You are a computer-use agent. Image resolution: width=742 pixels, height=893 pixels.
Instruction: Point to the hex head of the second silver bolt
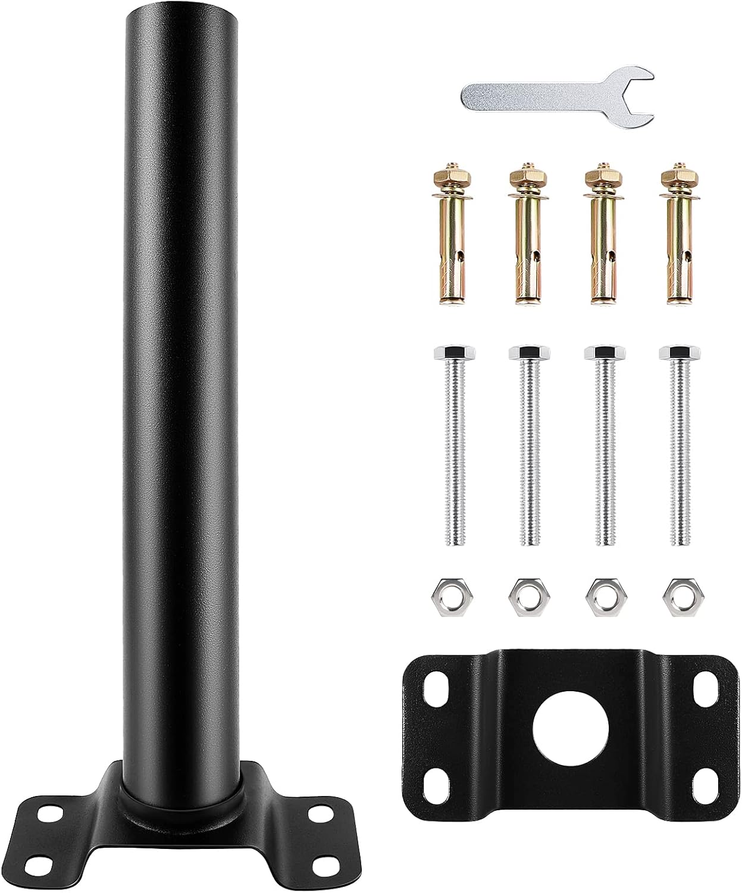pos(523,352)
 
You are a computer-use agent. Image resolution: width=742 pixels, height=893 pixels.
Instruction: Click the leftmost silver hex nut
pos(446,592)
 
